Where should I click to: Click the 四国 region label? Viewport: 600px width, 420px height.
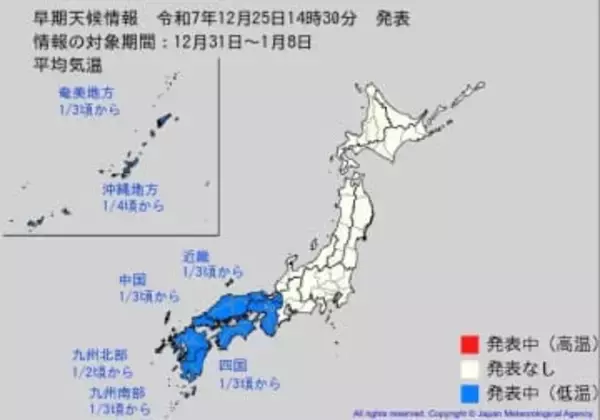click(x=232, y=365)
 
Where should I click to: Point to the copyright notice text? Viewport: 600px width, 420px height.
click(x=470, y=412)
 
